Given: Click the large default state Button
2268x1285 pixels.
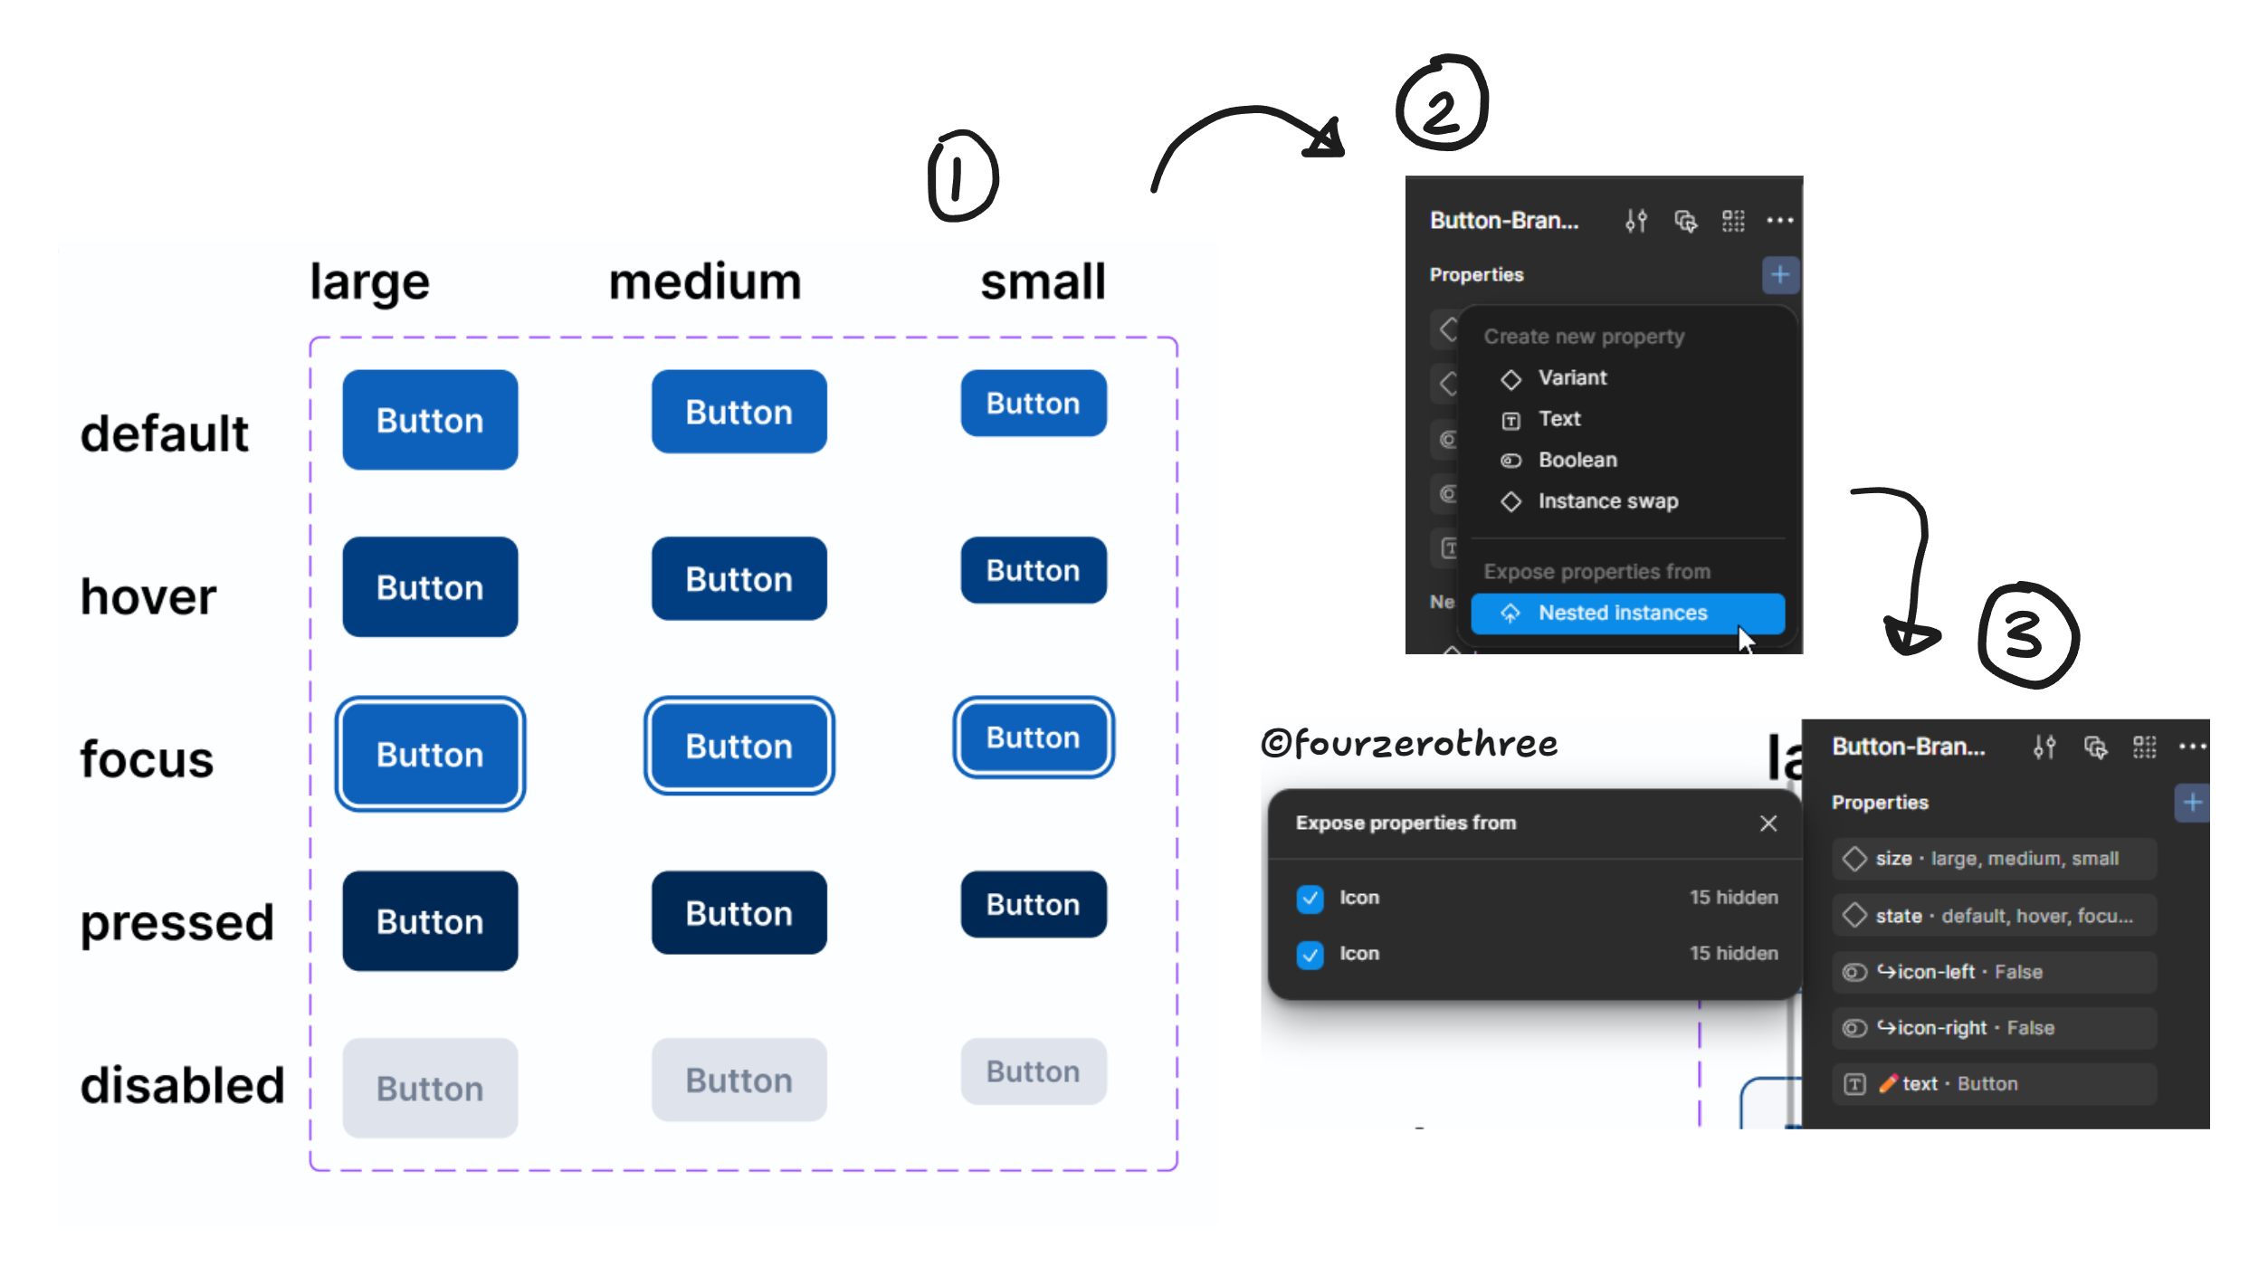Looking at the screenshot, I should (430, 420).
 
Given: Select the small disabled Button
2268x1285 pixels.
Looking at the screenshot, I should (1033, 1071).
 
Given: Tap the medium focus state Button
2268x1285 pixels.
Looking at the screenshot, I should (739, 747).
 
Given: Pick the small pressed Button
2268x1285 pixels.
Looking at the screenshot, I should (1033, 904).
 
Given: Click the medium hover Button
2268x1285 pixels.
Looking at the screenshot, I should (739, 579).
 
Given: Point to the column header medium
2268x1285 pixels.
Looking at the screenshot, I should (705, 281).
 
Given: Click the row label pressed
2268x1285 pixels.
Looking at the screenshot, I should (176, 923).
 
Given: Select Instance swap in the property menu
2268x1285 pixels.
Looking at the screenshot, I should (1607, 501).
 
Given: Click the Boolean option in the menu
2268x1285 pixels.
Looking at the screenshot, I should (1577, 460).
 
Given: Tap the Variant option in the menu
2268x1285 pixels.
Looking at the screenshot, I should (1572, 378).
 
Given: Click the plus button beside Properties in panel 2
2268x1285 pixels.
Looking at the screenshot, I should (1779, 275).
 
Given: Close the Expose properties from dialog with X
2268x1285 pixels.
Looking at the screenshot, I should (1768, 823).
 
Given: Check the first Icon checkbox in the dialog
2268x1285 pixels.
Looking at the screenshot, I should (1310, 899).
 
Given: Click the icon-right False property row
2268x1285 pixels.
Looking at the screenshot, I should (1994, 1028).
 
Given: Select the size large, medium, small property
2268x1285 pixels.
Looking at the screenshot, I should (1994, 859).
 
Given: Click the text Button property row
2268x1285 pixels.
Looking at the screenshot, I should (1994, 1084).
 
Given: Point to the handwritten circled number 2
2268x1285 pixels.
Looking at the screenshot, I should (1441, 104).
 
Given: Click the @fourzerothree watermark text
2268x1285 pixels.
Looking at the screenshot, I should (1409, 744).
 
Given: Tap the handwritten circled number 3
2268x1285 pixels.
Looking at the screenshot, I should (2026, 635).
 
